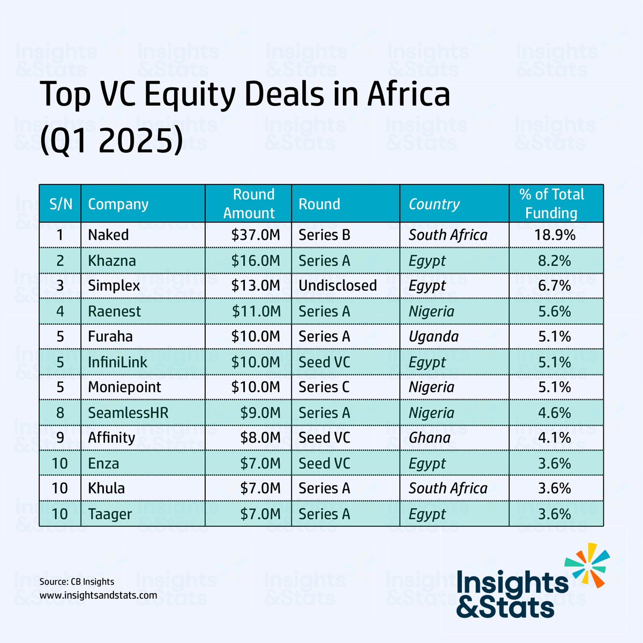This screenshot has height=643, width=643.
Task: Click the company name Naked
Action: [108, 235]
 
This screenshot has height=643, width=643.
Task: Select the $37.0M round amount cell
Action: [256, 235]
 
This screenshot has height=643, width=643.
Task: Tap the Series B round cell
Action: [324, 235]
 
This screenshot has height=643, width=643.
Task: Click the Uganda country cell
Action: [433, 337]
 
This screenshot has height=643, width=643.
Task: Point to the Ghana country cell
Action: [430, 438]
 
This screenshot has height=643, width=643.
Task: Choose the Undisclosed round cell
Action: [338, 286]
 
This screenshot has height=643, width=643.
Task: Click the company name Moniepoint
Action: [124, 387]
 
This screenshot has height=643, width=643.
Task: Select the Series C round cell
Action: [324, 387]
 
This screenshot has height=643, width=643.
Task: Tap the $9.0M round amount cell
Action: [260, 413]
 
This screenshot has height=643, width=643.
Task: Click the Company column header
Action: [118, 204]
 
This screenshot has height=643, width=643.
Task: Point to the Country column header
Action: [434, 204]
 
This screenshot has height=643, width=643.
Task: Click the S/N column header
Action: [61, 204]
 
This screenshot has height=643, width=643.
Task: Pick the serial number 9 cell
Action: [60, 438]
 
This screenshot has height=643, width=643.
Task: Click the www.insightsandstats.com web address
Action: [98, 595]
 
